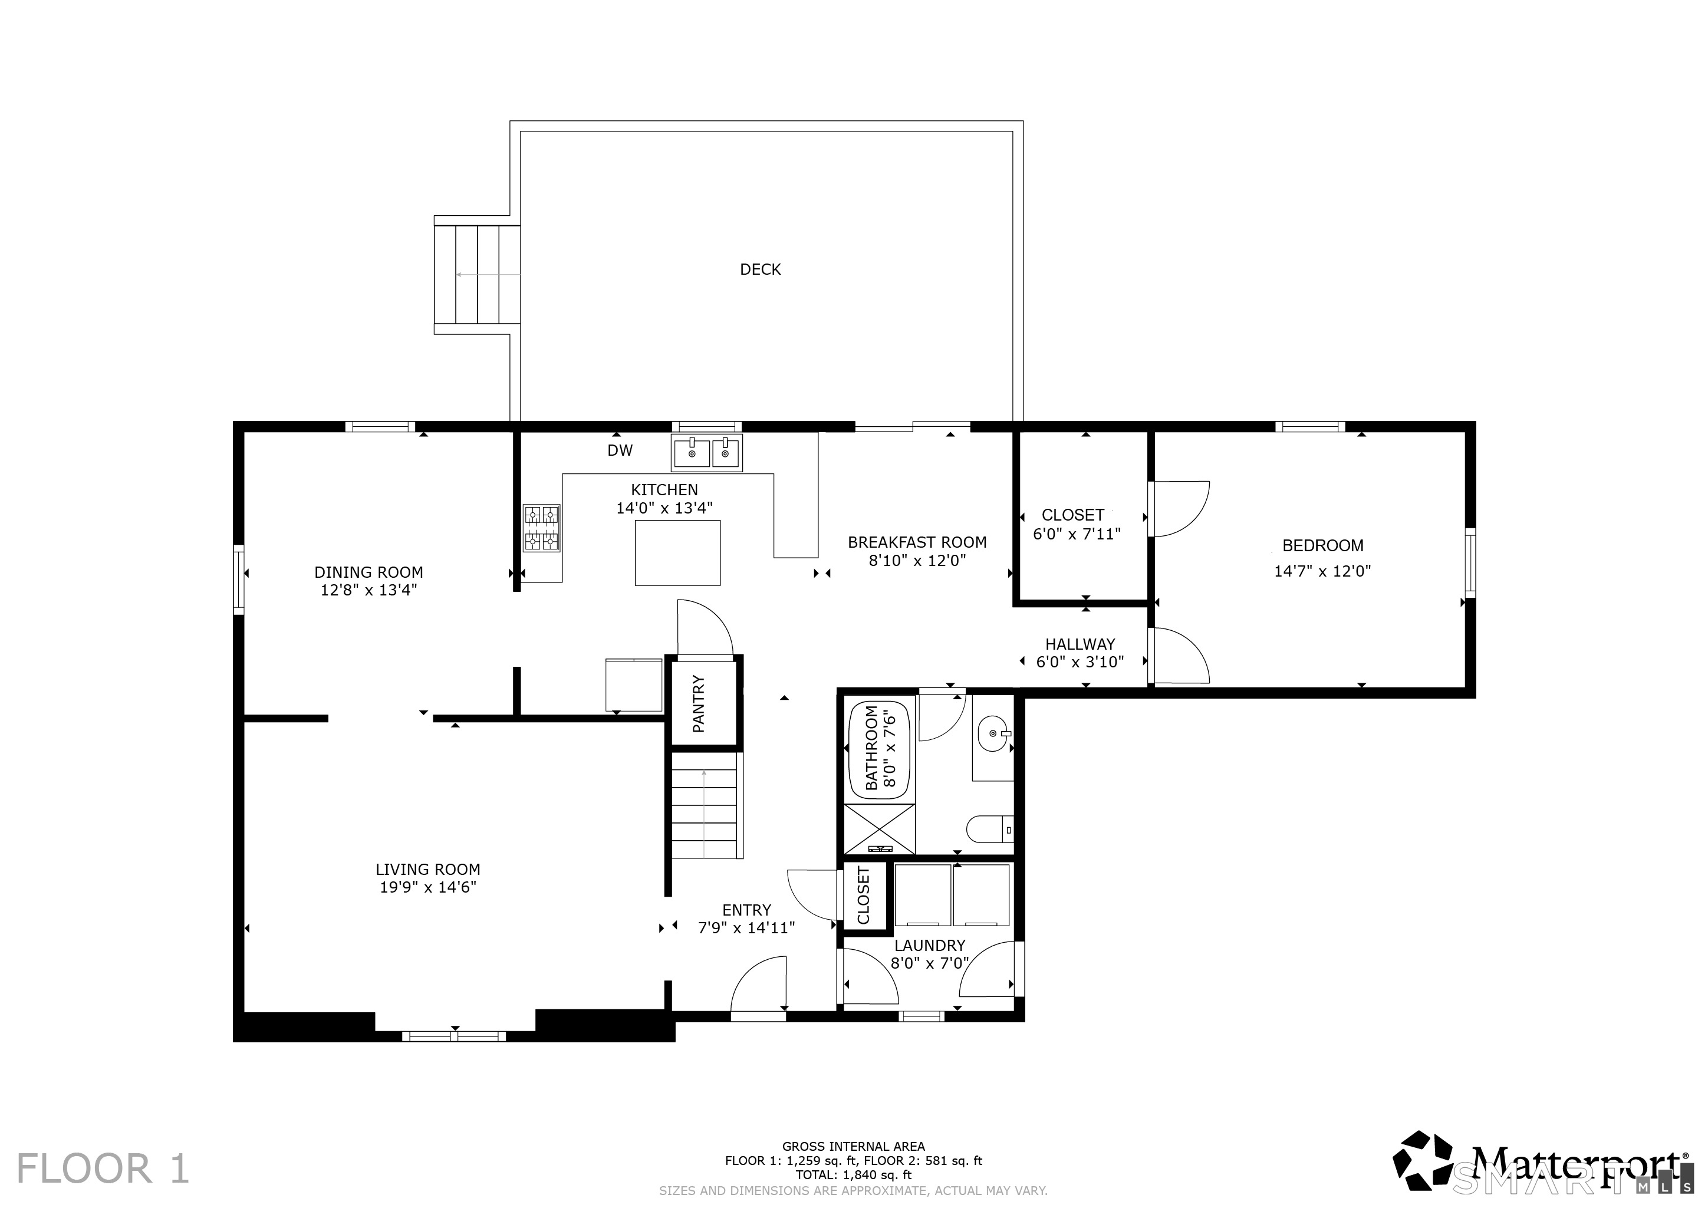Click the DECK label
click(761, 269)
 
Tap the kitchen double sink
click(707, 452)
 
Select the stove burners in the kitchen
click(542, 528)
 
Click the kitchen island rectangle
click(677, 552)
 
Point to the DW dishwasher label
click(620, 450)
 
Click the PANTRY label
click(699, 704)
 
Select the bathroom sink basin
click(994, 733)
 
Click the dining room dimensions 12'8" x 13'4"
click(369, 591)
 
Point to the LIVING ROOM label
click(428, 869)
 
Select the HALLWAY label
click(1080, 644)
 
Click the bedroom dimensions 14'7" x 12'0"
click(1322, 571)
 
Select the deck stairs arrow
click(488, 275)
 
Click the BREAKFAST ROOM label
click(917, 542)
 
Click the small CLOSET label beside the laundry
click(864, 896)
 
